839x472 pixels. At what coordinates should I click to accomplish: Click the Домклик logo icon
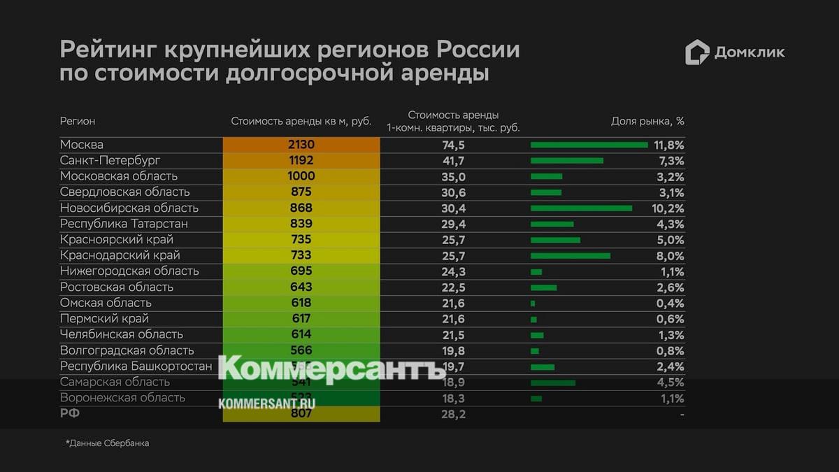697,52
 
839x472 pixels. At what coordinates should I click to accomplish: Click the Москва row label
82,145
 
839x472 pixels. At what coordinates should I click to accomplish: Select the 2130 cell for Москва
301,145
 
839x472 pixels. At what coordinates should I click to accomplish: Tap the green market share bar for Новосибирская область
581,208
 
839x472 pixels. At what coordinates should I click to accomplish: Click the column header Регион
78,121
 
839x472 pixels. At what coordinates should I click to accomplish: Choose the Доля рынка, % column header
647,121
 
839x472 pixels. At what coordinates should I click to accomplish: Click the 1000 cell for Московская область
301,176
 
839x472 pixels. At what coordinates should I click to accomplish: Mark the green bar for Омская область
533,303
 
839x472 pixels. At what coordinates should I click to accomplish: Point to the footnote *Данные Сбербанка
107,443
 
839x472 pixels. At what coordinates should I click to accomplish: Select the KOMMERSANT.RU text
266,403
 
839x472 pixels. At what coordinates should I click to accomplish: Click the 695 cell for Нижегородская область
301,271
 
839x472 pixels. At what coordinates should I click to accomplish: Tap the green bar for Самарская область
553,382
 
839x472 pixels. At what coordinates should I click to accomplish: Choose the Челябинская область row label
122,334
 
